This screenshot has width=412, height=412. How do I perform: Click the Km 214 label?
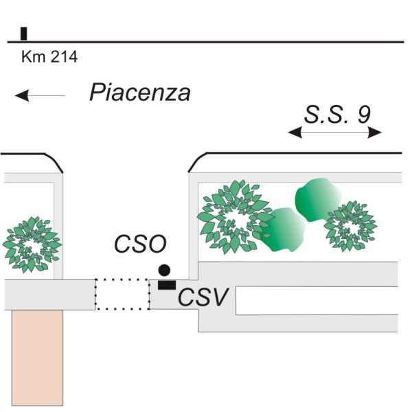click(49, 57)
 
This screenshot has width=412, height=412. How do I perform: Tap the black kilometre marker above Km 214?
click(24, 34)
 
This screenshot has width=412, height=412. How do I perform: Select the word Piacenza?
click(139, 93)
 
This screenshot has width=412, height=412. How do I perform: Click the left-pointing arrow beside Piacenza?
click(40, 95)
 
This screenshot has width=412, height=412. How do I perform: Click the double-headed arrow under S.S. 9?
click(334, 133)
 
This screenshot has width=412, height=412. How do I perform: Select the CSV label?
click(204, 298)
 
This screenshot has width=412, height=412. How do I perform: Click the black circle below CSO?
click(164, 270)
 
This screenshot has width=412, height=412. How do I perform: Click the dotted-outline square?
click(122, 294)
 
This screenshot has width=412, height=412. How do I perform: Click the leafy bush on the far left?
click(31, 244)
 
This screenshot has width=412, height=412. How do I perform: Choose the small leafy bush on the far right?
click(350, 225)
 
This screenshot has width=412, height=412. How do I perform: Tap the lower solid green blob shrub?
click(283, 231)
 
